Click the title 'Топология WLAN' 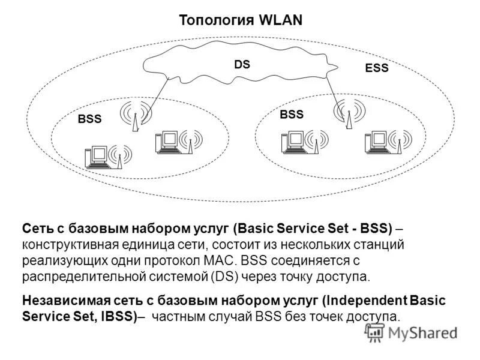[x=241, y=20]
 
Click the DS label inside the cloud [x=242, y=64]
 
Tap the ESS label [x=377, y=68]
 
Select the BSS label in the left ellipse [x=89, y=119]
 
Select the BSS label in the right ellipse [x=292, y=114]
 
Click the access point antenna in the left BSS [x=134, y=116]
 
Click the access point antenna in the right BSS [x=347, y=113]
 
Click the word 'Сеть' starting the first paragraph [x=37, y=229]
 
